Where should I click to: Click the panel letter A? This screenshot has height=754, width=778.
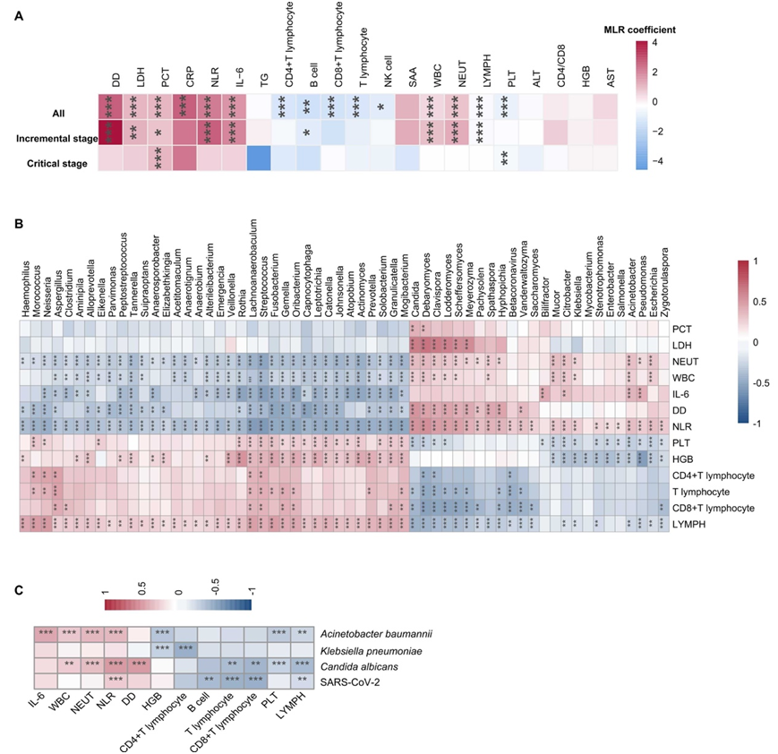(x=19, y=15)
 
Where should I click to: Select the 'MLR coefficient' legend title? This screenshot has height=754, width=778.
(x=639, y=29)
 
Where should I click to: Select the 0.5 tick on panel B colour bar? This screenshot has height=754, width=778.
(x=757, y=301)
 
